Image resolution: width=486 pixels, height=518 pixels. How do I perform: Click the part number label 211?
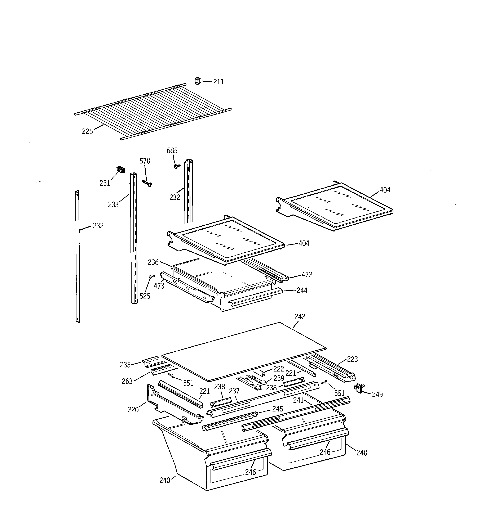coord(218,82)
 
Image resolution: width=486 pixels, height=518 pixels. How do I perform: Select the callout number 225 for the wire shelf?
coord(87,132)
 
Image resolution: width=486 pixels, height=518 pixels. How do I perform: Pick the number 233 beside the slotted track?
coord(113,205)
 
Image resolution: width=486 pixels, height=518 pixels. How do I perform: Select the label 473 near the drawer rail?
coord(159,286)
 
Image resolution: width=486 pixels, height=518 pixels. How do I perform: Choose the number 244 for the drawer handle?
coord(302,290)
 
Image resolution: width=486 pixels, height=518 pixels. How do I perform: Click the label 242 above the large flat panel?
coord(300,317)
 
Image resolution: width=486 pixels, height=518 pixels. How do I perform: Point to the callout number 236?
coord(153,262)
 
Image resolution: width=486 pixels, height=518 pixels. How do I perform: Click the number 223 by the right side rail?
coord(352,359)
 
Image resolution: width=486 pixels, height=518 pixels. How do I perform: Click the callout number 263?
coord(127,382)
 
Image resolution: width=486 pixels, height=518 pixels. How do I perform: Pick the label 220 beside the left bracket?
coord(133,410)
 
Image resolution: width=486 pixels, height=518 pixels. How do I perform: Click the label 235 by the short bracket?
coord(125,365)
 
